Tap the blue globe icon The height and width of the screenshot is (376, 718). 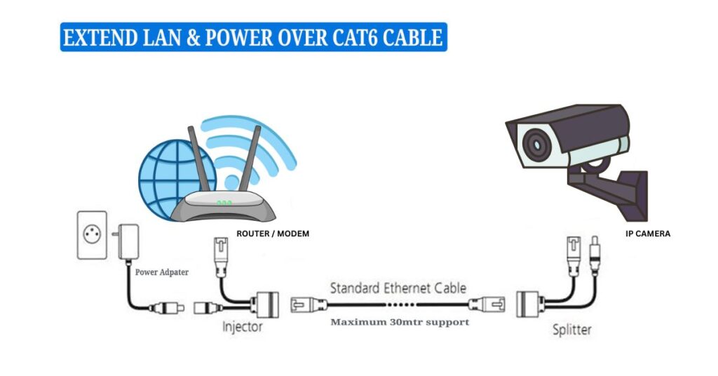coord(166,180)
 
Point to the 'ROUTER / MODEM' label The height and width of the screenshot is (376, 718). coord(271,234)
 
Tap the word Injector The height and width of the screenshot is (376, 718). coord(243,326)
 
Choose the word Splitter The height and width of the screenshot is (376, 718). coord(571,329)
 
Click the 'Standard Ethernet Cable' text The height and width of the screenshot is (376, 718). coord(398,288)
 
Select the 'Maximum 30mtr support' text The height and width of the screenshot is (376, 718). coord(400,322)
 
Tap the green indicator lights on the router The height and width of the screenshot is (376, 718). coord(224,203)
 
